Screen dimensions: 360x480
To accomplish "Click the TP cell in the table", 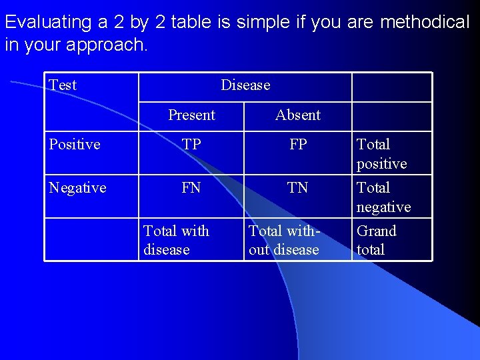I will click(x=191, y=145).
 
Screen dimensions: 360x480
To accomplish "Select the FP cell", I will click(x=298, y=145).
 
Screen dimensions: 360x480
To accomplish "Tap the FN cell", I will click(x=191, y=188).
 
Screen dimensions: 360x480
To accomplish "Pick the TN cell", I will click(x=298, y=188).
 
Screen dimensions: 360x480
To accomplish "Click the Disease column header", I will click(x=245, y=85).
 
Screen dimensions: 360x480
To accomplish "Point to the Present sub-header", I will click(x=191, y=115).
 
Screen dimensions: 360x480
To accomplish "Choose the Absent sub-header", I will click(x=298, y=115).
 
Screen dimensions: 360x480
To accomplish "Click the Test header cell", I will click(x=63, y=85).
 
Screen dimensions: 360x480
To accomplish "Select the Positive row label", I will click(x=75, y=145).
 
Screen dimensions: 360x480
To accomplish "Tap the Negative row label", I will click(x=78, y=188).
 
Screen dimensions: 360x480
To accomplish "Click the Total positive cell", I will click(x=382, y=154).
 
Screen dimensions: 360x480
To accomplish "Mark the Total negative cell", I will click(x=383, y=197).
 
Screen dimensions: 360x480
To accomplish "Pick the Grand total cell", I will click(x=377, y=240).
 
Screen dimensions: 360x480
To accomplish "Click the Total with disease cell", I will click(x=176, y=240).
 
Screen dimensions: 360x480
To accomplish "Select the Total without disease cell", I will click(x=285, y=240).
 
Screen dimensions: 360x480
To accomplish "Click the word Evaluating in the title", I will click(x=48, y=23).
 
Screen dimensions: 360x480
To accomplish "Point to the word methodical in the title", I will click(x=425, y=23).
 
